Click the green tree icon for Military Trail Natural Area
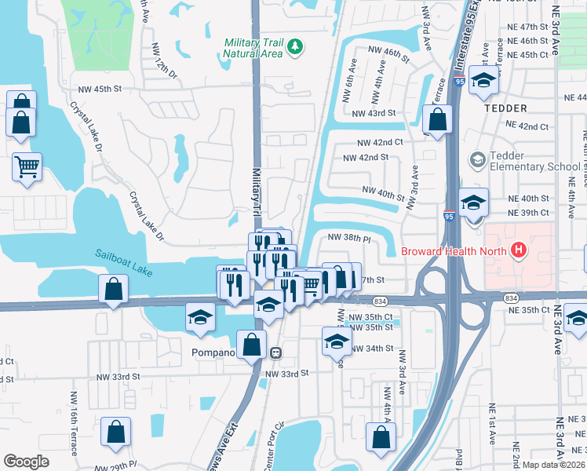click(295, 48)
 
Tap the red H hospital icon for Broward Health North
click(518, 251)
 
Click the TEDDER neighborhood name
click(507, 108)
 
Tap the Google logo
click(26, 461)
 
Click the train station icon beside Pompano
click(275, 352)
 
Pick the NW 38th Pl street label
click(348, 236)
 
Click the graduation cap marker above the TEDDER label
click(484, 81)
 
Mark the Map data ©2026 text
click(554, 465)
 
